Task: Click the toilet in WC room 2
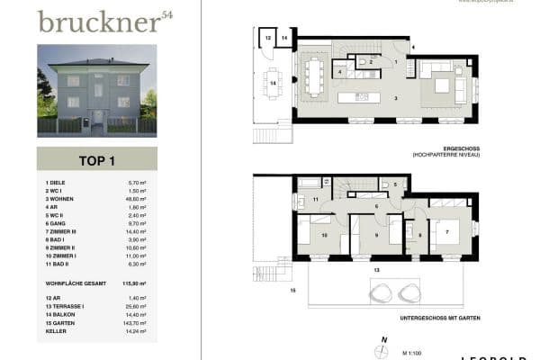[364, 61]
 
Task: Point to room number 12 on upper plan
[265, 38]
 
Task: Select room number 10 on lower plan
[325, 236]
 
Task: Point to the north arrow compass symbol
[384, 349]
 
